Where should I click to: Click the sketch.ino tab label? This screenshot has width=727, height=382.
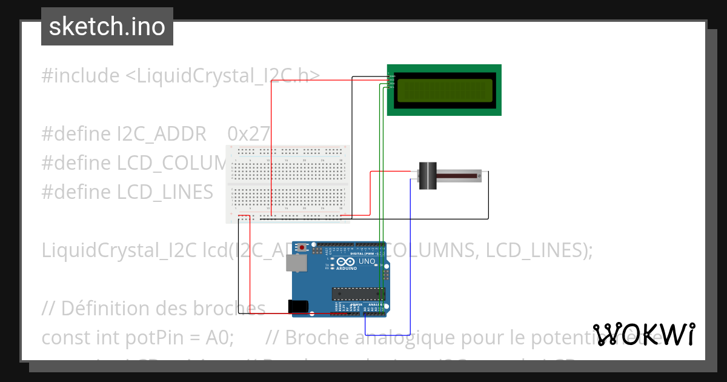[107, 27]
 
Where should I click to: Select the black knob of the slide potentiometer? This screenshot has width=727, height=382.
[428, 176]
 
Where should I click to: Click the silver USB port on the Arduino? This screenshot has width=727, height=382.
[296, 263]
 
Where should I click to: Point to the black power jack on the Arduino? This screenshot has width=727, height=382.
[298, 307]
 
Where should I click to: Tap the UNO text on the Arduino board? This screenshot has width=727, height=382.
[367, 261]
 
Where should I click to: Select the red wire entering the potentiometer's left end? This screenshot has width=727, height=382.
[391, 172]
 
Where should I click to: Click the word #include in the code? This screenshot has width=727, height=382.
[81, 76]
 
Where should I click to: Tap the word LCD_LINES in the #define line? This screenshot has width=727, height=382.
[165, 192]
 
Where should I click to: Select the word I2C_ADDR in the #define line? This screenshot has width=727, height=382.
[162, 134]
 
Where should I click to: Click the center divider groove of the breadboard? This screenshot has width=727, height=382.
[288, 183]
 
